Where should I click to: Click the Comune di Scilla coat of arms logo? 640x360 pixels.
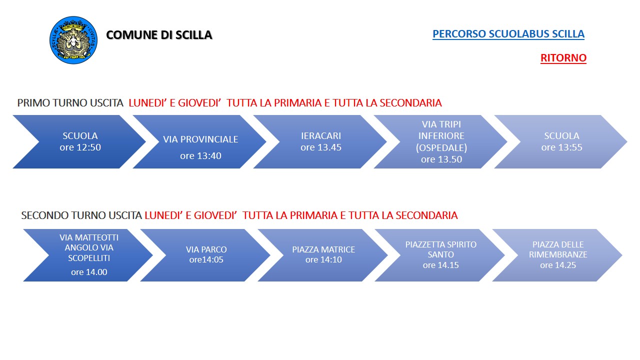point(73,40)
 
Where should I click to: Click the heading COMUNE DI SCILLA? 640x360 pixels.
point(159,35)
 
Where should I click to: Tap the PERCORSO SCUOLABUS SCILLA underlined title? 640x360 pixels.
point(508,33)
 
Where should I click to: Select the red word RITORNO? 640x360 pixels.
point(563,57)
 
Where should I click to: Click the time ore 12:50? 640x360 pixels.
point(80,147)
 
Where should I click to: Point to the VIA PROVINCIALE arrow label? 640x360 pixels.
point(200,139)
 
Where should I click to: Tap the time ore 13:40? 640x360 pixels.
point(200,155)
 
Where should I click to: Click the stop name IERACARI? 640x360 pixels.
point(321,135)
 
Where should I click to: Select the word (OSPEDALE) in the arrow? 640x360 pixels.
point(441,147)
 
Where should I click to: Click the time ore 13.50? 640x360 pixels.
point(441,159)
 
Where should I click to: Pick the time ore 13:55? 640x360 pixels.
point(561,147)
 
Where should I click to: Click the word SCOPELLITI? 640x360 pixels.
point(89,258)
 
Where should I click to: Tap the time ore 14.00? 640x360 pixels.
point(89,272)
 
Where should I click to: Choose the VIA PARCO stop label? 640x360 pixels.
point(206,249)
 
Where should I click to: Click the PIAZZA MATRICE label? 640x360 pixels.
point(323,249)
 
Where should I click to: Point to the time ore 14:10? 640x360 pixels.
point(323,259)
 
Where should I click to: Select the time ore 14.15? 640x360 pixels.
point(441,265)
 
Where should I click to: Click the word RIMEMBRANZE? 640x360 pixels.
point(558,254)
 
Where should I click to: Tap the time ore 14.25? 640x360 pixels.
point(558,265)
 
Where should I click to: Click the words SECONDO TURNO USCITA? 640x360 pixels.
point(81,215)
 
